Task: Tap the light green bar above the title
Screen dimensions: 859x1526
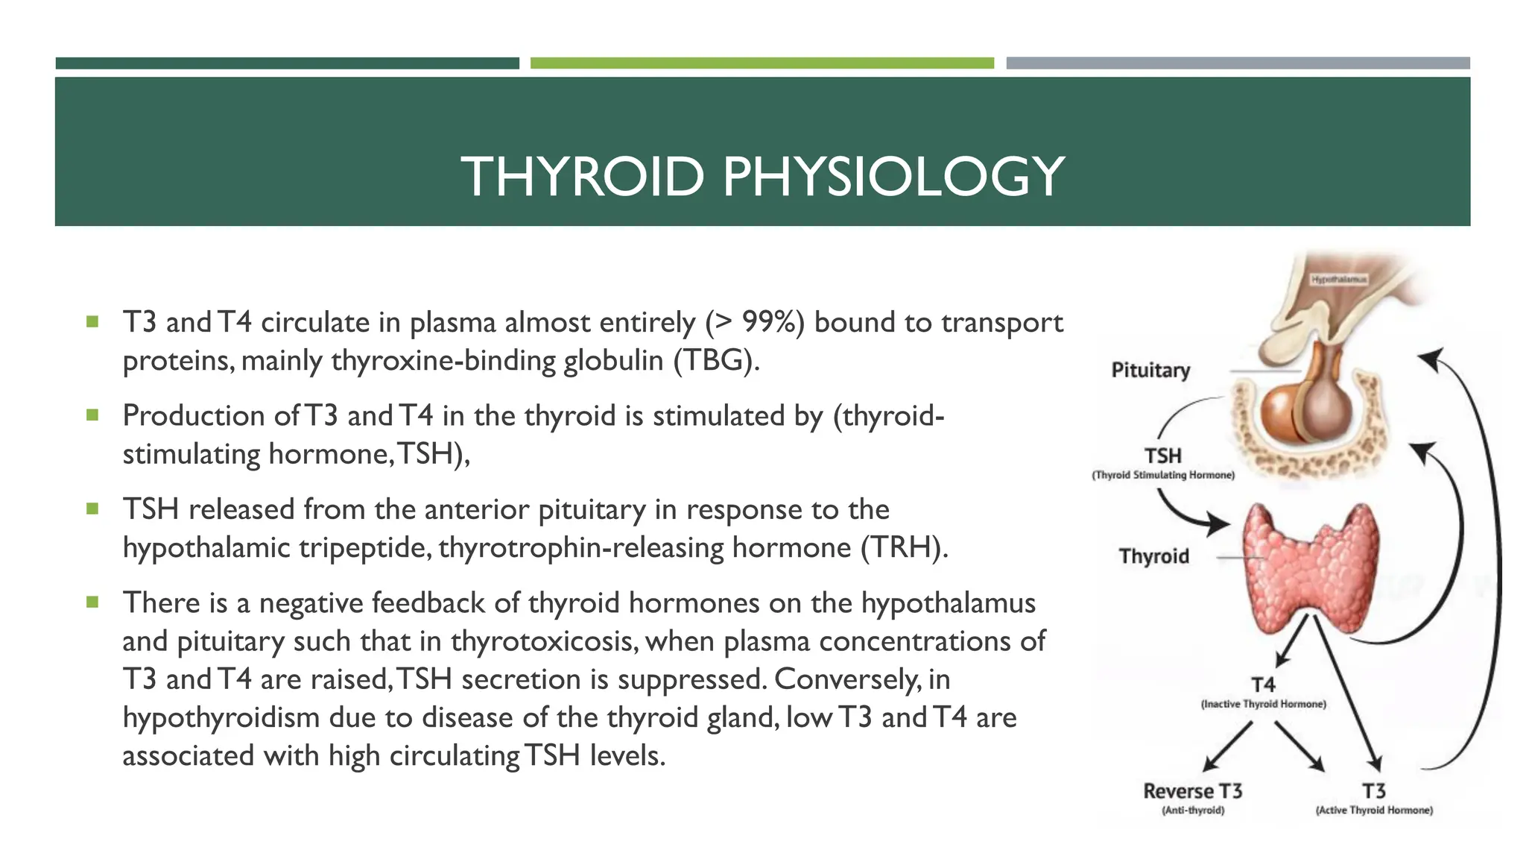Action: coord(762,63)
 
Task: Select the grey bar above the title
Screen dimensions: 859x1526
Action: coord(1238,63)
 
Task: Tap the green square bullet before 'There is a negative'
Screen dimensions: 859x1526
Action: coord(92,602)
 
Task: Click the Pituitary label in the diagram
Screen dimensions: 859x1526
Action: coord(1150,371)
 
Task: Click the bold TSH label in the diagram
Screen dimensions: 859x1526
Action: coord(1162,456)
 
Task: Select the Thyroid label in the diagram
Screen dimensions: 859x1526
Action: coord(1153,556)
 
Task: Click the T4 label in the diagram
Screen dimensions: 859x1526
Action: coord(1263,685)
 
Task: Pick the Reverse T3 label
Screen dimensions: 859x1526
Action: coord(1192,791)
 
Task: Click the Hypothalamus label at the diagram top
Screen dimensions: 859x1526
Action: coord(1339,280)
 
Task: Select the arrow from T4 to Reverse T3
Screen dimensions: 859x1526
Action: coord(1227,746)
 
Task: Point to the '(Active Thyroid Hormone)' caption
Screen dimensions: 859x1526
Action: coord(1374,811)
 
